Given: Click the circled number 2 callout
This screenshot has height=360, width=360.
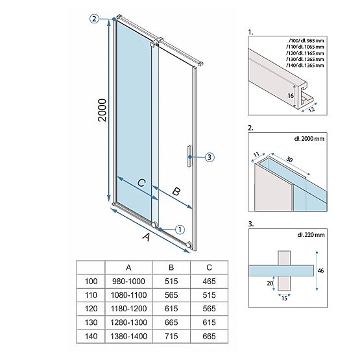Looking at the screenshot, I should (x=95, y=19).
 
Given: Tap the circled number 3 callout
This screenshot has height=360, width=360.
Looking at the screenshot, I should (x=210, y=156).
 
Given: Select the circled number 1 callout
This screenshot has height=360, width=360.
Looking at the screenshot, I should (x=180, y=228).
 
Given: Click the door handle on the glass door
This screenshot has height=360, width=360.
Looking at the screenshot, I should (x=188, y=156).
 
